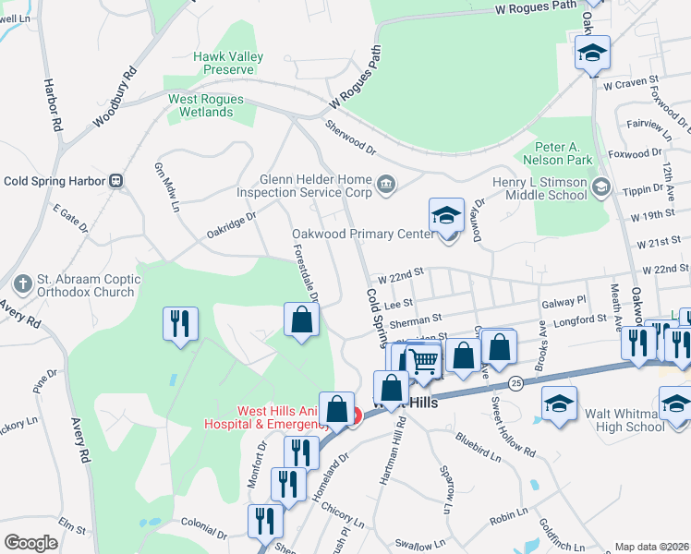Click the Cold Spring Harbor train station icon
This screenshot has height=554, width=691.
click(x=116, y=181)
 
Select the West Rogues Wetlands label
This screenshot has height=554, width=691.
click(x=205, y=105)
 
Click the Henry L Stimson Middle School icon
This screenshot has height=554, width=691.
click(x=601, y=188)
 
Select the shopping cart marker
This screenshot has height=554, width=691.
click(x=423, y=359)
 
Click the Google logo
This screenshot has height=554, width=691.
click(x=30, y=542)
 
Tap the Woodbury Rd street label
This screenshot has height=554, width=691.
click(x=115, y=96)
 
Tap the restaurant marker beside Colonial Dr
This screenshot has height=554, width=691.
click(x=261, y=520)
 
